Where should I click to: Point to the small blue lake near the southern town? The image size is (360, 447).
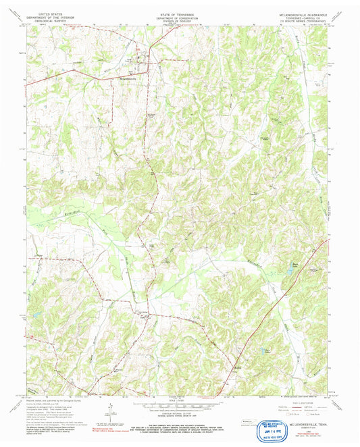(x=265, y=350)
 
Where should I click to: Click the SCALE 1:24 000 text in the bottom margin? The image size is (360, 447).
(x=179, y=401)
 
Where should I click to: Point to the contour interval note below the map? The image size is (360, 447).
(x=179, y=413)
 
